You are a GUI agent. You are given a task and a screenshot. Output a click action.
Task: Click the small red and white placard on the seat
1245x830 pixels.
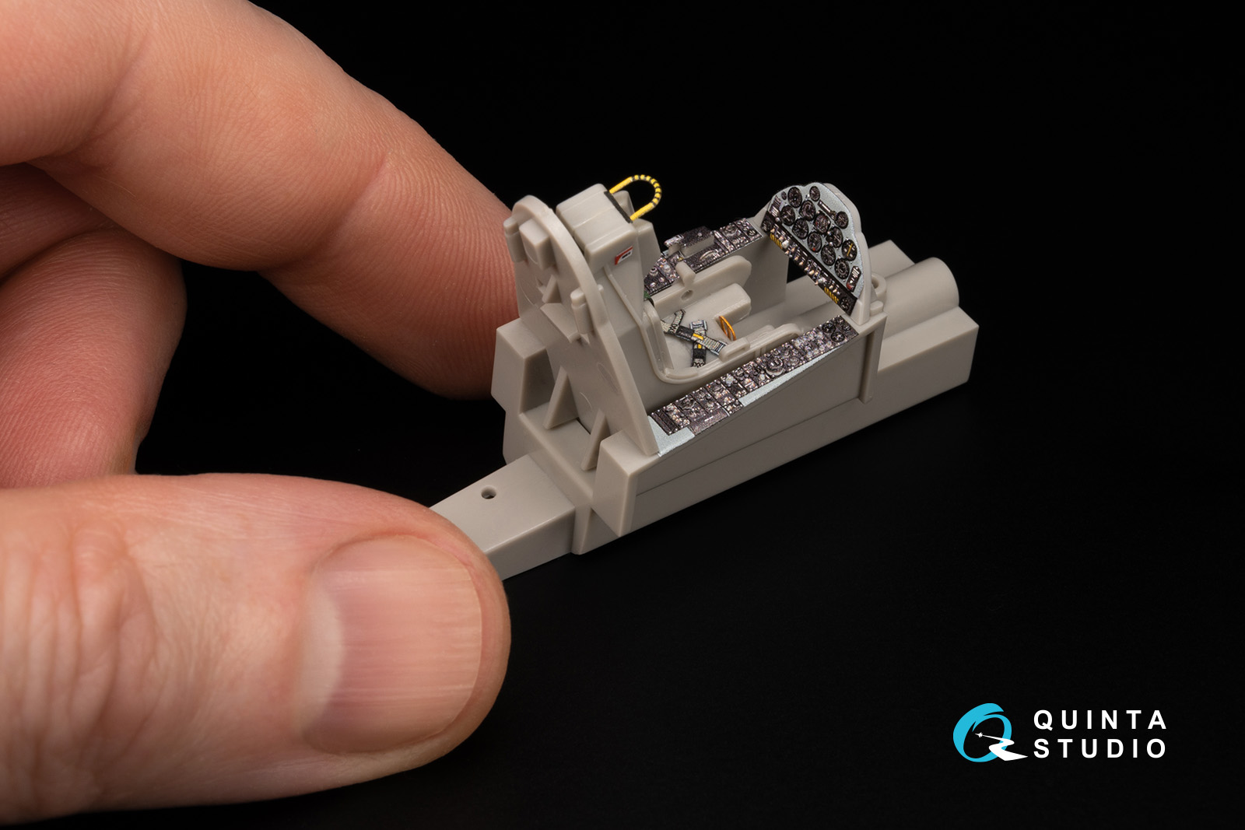pos(623,255)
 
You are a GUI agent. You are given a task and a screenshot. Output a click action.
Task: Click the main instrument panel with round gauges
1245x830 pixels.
pos(812,242)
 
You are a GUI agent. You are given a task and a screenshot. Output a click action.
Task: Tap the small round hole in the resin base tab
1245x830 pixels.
pos(489,492)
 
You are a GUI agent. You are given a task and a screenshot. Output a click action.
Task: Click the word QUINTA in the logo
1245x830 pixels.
pos(1099,720)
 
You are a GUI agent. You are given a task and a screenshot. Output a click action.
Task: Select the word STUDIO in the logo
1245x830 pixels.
pos(1099,748)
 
